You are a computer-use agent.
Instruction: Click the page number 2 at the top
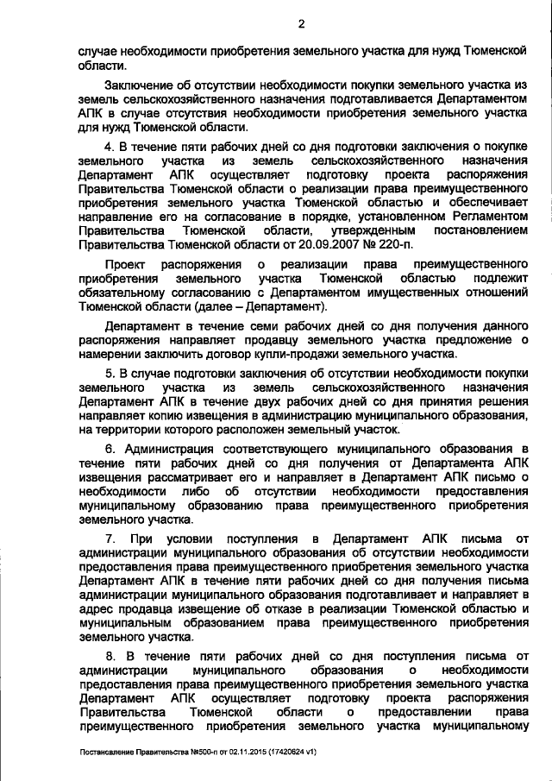coord(301,24)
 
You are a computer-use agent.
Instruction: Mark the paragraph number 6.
coord(109,450)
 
